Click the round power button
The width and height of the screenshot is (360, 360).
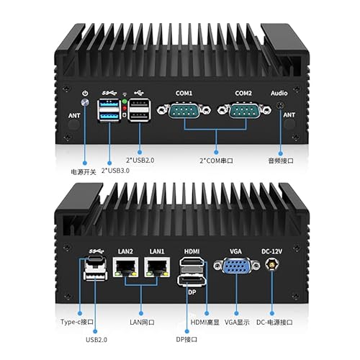(85, 102)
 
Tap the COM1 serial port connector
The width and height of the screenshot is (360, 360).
(184, 110)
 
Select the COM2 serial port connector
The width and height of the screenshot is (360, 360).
(244, 110)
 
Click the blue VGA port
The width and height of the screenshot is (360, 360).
(236, 265)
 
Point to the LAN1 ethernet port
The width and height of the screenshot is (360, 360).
(157, 267)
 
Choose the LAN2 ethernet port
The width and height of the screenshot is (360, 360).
(125, 267)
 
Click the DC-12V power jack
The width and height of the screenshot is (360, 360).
(271, 264)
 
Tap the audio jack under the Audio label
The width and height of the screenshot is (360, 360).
(280, 105)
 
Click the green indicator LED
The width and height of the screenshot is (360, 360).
(125, 102)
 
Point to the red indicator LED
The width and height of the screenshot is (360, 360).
(125, 109)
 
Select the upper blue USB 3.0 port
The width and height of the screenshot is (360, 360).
(109, 104)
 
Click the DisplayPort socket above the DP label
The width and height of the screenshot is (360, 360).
(192, 281)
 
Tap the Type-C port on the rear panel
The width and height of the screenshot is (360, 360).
(96, 258)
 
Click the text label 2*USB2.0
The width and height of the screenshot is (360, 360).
(140, 160)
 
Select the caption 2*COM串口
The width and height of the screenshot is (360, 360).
(216, 161)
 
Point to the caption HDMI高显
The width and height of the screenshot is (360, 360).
(205, 322)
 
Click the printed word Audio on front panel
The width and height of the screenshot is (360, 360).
(279, 93)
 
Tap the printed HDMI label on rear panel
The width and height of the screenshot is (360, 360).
(192, 251)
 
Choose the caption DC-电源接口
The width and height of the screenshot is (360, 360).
(274, 322)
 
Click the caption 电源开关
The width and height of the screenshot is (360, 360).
(84, 172)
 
